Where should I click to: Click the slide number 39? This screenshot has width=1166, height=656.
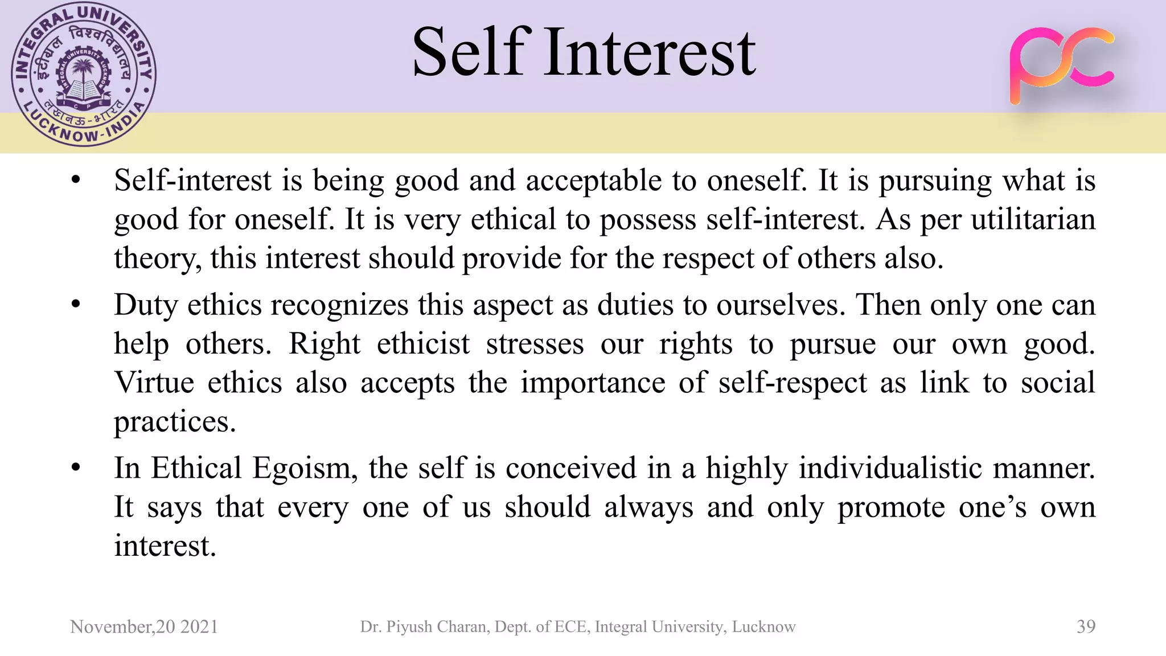[1086, 626]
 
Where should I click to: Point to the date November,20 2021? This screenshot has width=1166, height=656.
[144, 626]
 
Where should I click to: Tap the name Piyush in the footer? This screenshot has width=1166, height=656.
[410, 626]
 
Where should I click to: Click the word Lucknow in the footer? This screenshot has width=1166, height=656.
[763, 626]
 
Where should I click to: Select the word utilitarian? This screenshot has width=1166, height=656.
[1033, 219]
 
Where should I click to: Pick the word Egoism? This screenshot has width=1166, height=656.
[305, 469]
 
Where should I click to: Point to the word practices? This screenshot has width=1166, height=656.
[174, 422]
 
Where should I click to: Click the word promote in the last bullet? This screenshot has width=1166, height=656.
[891, 507]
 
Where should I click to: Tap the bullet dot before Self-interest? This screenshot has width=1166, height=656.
[76, 181]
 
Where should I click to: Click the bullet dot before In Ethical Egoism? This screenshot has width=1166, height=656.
[76, 469]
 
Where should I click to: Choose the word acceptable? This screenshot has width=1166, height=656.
[593, 181]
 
